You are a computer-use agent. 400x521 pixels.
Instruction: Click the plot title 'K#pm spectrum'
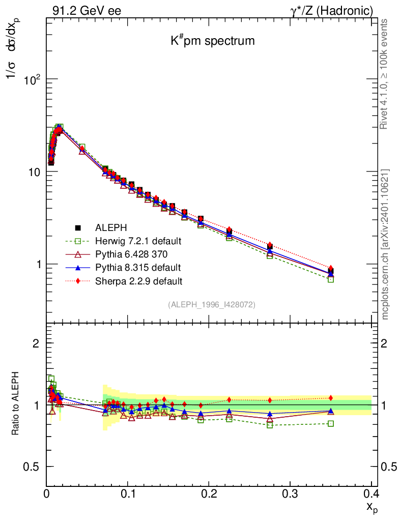212,41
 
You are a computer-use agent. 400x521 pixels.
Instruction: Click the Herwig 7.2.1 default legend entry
138,241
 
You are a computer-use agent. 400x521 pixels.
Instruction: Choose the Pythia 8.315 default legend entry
137,267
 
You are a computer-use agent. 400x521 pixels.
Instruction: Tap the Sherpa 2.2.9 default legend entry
138,280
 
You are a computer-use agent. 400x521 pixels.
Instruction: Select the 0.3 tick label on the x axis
290,494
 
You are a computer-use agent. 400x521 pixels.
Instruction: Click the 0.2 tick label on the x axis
209,494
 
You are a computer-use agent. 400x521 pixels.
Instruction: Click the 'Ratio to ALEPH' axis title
16,405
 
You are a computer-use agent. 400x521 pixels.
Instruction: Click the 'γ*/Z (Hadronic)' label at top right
336,10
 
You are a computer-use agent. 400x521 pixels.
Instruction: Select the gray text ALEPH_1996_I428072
211,304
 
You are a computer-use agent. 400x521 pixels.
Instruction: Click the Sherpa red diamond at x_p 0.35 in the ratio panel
331,398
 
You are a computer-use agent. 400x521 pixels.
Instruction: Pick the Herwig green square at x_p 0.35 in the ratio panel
331,423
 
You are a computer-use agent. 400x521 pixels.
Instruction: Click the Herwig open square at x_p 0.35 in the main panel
331,279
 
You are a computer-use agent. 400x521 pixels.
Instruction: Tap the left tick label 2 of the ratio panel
36,343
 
